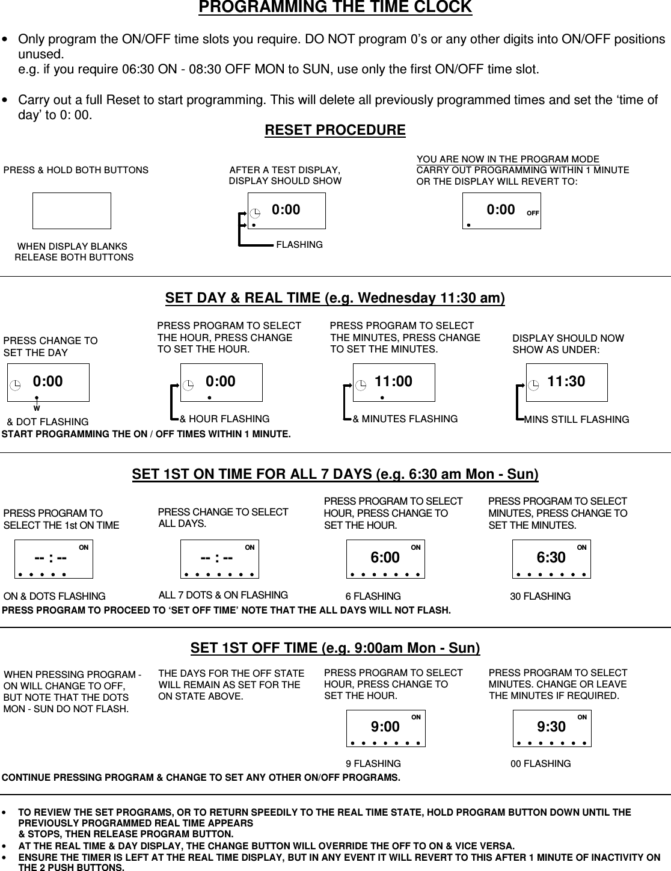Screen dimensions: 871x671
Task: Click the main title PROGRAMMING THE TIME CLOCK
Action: (335, 8)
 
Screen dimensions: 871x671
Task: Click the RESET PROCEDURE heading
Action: (335, 131)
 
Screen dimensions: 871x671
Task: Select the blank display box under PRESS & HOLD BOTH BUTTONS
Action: (72, 211)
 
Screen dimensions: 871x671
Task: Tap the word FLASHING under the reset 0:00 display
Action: (299, 245)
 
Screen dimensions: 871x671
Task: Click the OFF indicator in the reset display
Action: (532, 213)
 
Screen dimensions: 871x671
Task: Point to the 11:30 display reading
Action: (566, 381)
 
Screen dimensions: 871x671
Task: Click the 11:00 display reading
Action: (393, 381)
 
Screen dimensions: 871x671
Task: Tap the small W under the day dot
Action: (37, 408)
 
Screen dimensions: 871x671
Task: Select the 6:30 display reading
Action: (551, 558)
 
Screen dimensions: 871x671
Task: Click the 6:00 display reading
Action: (385, 558)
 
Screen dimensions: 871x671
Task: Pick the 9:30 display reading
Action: (551, 727)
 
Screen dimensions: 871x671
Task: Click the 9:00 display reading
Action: (385, 727)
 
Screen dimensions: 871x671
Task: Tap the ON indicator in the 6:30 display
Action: (581, 547)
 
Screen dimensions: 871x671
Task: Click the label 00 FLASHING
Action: (540, 764)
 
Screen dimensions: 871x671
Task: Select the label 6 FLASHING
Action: (373, 597)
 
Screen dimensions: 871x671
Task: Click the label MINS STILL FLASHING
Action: (576, 419)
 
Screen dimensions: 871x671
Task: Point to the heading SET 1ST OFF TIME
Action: (335, 648)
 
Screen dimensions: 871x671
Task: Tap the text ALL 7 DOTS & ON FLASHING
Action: (223, 596)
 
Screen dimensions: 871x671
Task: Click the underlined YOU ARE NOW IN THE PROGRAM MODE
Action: (508, 159)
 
